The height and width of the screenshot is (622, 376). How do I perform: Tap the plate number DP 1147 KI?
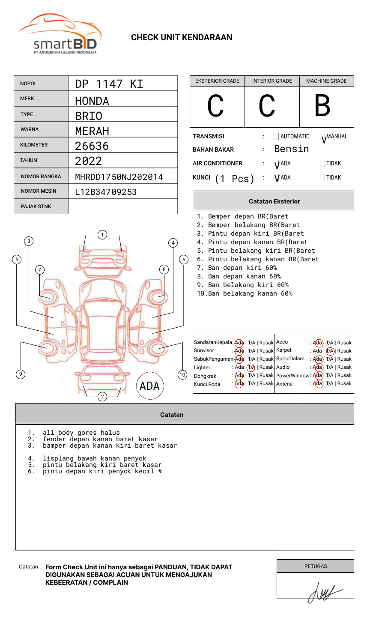[109, 84]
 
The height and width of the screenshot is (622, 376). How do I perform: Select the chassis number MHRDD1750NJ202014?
[119, 177]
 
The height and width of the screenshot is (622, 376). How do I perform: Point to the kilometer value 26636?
[92, 146]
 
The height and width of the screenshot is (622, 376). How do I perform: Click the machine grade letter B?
[322, 106]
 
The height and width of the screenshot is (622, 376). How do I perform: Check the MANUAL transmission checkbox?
[322, 137]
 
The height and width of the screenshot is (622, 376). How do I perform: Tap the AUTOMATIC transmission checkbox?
[276, 137]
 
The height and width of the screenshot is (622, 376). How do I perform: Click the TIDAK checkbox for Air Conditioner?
[322, 163]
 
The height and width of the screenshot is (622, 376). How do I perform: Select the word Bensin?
[291, 149]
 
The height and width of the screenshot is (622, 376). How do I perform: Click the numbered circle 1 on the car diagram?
[102, 234]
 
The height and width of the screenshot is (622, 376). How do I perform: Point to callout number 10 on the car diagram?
[182, 375]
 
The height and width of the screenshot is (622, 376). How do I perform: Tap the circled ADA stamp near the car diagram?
[149, 386]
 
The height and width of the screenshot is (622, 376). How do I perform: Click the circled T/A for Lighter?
[251, 367]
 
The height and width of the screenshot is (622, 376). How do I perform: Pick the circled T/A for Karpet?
[329, 351]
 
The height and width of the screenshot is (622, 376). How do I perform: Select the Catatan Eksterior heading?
[274, 201]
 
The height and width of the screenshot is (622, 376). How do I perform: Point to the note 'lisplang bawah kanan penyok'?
[94, 458]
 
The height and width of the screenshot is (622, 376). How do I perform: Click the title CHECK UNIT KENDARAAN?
[182, 38]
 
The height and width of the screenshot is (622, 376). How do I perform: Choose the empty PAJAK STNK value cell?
[123, 206]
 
